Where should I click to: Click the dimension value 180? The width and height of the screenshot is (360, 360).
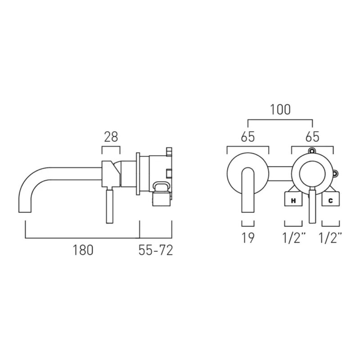[83, 250]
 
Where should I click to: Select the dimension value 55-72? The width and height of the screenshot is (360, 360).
[155, 250]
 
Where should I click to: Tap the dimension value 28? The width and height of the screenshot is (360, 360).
[111, 137]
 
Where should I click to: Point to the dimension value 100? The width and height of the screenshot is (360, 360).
[280, 109]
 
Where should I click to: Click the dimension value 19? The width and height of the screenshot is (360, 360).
[248, 238]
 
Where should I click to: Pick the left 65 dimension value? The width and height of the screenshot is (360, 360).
[248, 137]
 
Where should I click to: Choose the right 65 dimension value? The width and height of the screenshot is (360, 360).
[312, 137]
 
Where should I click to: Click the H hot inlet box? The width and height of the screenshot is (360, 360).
[293, 199]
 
